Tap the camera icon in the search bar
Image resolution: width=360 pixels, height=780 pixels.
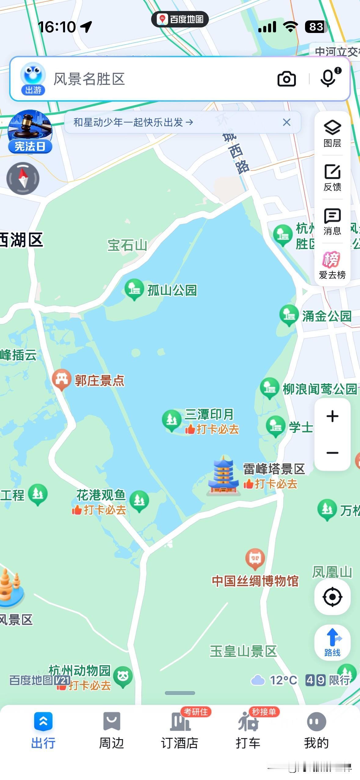pos(286,79)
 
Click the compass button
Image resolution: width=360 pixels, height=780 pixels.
pos(23,178)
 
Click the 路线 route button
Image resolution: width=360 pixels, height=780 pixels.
pos(332,642)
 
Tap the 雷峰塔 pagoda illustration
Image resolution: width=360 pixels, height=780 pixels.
pos(224,475)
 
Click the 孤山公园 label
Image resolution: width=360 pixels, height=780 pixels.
pos(172,290)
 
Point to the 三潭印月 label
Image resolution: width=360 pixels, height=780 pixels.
pos(209,414)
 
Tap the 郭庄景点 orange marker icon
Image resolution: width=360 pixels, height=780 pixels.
pos(62,379)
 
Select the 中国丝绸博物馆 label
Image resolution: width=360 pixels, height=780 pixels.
pos(255,581)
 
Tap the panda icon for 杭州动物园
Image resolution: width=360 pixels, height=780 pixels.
pos(123,676)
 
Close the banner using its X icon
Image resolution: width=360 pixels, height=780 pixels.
pos(286,122)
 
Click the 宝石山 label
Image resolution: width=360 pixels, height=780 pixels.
pos(127,245)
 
